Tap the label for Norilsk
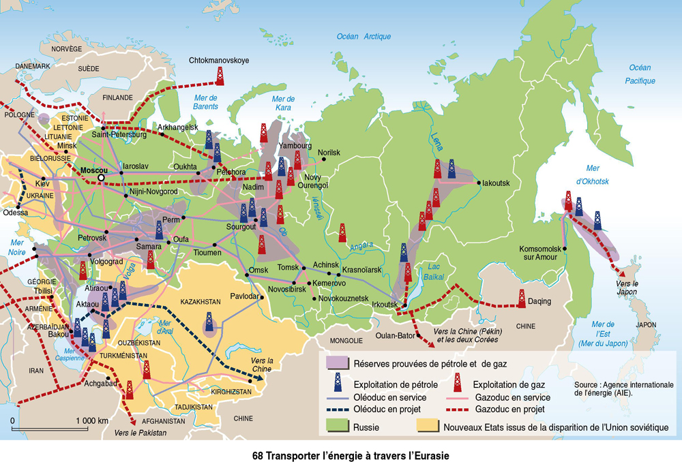(x=328, y=153)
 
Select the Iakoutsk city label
(x=496, y=183)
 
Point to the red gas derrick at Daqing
(x=522, y=298)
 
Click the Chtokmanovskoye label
(x=218, y=61)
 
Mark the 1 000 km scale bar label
(x=91, y=420)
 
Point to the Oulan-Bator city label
(x=396, y=336)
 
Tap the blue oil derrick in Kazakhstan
(x=210, y=323)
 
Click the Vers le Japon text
(x=626, y=287)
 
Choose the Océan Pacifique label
(x=641, y=74)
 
